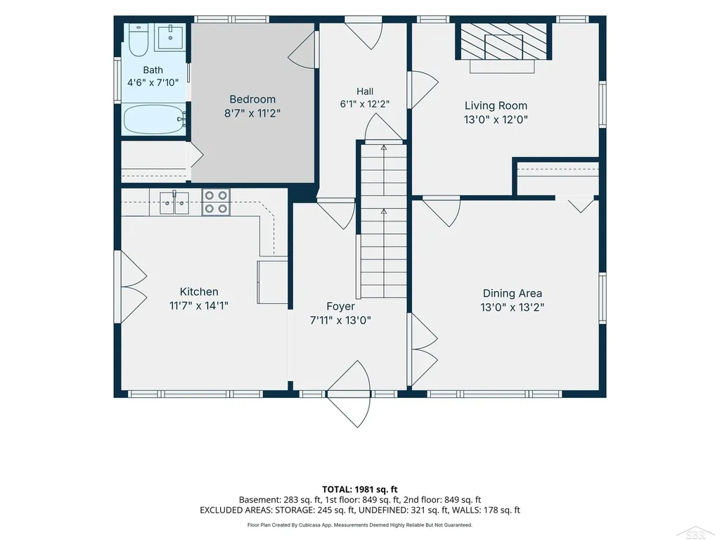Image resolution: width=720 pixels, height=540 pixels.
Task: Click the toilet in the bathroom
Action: pos(138,40)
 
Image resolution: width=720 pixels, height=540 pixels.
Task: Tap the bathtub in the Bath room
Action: pos(154,120)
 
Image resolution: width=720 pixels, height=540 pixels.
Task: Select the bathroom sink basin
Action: pos(170,37)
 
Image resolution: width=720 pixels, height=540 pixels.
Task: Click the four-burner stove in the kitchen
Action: pos(216,202)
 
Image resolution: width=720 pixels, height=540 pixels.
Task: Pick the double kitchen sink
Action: pos(174,203)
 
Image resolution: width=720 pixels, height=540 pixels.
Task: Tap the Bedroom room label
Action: pos(252,99)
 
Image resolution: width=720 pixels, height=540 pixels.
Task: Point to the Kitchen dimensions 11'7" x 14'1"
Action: pos(199,305)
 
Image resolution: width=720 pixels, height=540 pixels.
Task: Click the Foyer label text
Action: pos(341,307)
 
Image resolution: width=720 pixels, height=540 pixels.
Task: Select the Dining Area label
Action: pos(513,293)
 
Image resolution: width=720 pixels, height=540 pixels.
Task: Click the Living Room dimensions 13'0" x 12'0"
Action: pos(496,120)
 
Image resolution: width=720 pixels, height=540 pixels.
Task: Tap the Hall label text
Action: pos(365,91)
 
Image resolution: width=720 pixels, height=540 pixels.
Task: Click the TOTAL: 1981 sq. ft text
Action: pos(359,489)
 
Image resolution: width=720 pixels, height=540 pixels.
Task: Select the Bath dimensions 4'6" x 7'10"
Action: pos(153,83)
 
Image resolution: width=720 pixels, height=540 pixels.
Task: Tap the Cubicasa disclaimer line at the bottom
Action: pos(359,525)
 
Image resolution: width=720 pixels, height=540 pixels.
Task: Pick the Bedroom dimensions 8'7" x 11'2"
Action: pos(252,113)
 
